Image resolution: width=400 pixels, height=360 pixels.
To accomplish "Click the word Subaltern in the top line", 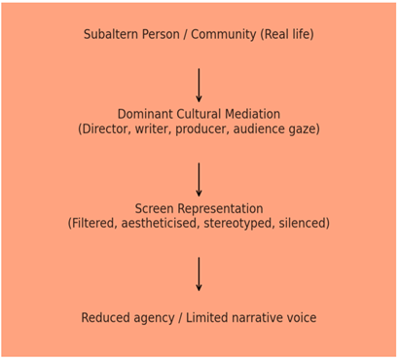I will click(111, 35).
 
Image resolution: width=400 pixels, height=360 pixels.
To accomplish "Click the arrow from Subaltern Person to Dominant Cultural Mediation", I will click(200, 86).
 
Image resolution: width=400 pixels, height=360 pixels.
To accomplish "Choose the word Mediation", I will click(251, 115).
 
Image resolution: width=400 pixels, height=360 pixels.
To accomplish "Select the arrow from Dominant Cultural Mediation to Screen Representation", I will click(200, 180).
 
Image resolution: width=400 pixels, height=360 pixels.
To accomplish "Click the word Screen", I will click(154, 209).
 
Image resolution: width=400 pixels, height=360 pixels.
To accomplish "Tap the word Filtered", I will click(95, 224).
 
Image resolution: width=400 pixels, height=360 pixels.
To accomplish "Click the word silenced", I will click(304, 224).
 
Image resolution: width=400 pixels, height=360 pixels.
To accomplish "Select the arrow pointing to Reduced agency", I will click(200, 274).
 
